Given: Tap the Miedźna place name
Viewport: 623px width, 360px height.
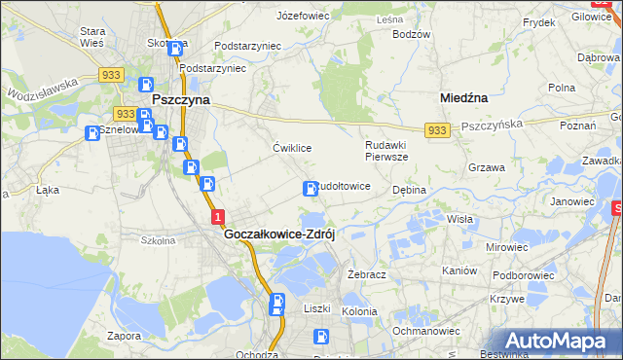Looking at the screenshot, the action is (463, 98).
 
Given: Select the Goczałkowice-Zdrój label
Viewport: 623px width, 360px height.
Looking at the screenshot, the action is (279, 234).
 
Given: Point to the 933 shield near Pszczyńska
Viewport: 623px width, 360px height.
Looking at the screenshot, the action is (436, 130).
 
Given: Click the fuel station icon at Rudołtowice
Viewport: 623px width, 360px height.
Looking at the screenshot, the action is (311, 188).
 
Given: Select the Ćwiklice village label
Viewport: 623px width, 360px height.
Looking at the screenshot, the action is (292, 148).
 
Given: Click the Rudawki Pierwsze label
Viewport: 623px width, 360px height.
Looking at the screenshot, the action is (386, 150).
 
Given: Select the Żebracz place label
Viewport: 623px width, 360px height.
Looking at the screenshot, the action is (367, 274).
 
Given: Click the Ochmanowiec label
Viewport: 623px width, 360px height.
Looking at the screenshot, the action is (425, 331).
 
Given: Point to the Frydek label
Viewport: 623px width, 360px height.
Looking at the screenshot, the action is (538, 21).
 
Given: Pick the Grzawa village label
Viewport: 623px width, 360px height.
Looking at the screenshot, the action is (486, 167).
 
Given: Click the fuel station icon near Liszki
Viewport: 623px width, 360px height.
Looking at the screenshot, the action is (278, 305).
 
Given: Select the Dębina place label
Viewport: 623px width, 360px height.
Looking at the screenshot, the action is (410, 190).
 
